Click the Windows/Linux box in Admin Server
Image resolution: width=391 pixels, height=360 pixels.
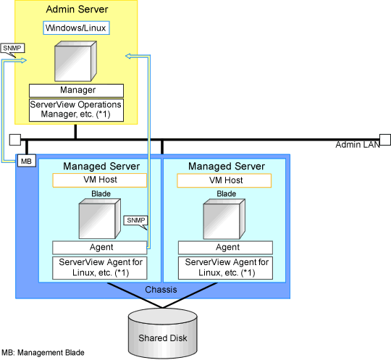[76, 28]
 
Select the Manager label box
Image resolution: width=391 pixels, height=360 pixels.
[76, 91]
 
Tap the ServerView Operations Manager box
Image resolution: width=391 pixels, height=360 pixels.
[76, 110]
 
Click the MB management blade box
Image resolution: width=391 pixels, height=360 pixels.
[27, 161]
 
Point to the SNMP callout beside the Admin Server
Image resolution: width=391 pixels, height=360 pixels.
[12, 49]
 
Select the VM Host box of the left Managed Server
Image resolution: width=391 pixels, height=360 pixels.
[100, 180]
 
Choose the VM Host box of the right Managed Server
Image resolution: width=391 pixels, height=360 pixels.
[224, 180]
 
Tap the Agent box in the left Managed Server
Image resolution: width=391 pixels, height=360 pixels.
[100, 248]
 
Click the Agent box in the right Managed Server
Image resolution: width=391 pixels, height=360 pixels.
[225, 248]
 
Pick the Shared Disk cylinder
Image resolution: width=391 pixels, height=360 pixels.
[163, 333]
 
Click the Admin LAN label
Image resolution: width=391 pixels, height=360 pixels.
[358, 145]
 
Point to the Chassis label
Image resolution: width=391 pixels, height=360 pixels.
[161, 290]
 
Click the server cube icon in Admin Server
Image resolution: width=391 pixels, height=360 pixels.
[75, 62]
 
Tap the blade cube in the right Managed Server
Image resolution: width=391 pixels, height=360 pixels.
[224, 219]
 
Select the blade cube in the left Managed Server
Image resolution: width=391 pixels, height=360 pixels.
[100, 219]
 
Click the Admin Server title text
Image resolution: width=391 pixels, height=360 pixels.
[77, 9]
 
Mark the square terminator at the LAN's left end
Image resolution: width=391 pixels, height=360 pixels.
[15, 140]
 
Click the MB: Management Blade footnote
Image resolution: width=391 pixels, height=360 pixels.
[43, 353]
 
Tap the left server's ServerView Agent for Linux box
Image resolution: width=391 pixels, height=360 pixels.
[100, 268]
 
